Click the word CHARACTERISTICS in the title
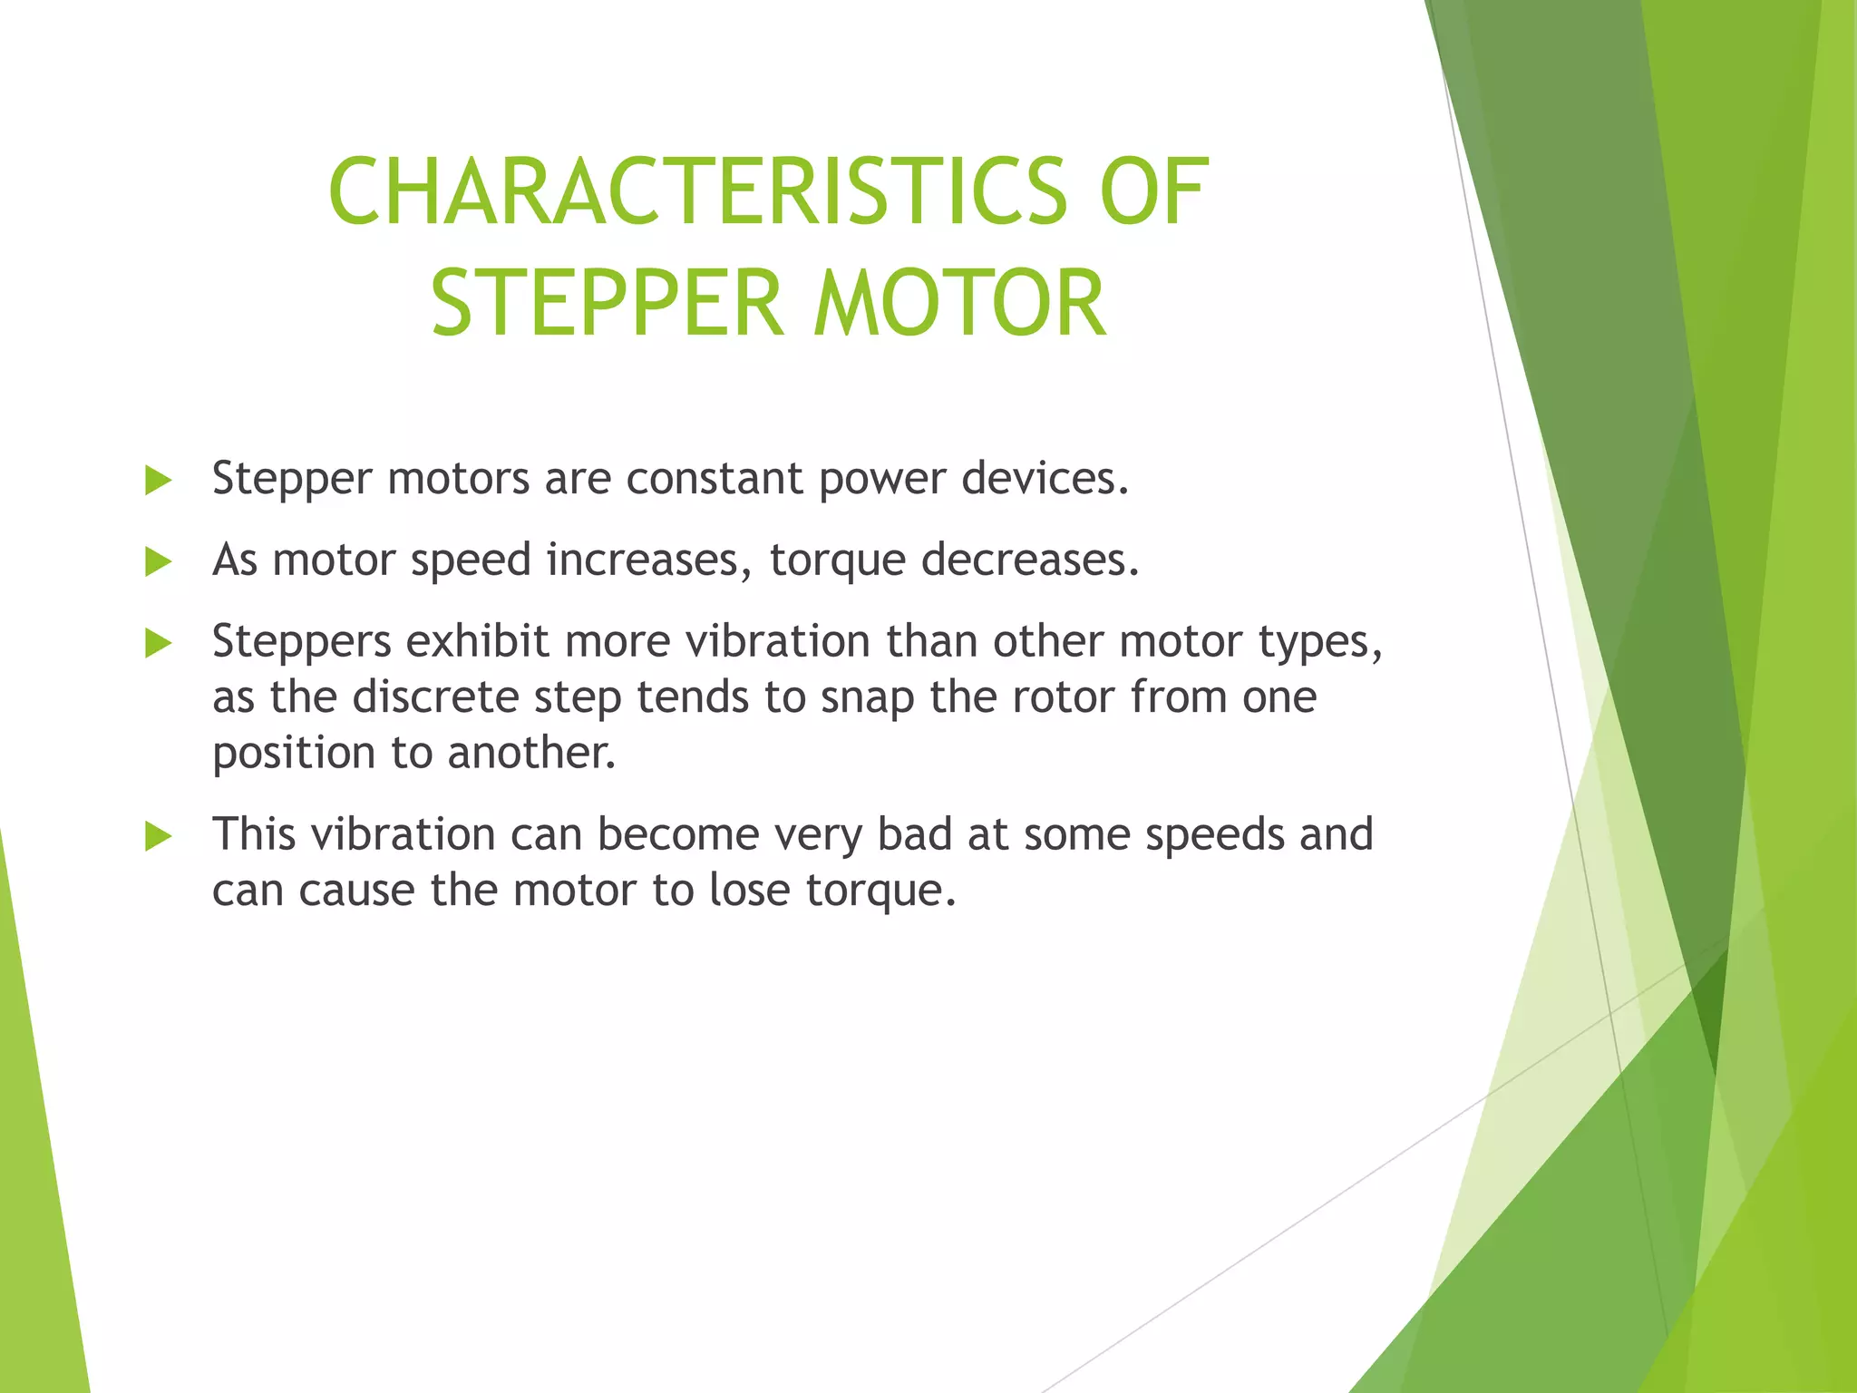pos(698,191)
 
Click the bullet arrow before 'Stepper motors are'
pos(158,481)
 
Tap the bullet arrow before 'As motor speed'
pos(158,562)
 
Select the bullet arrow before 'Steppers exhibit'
pos(158,644)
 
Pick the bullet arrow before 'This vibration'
pos(158,836)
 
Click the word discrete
pos(435,697)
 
